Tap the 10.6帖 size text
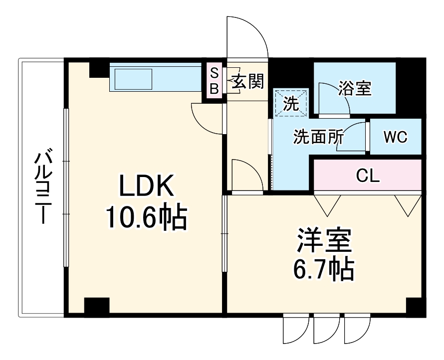coord(146,217)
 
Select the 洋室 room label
coord(324,241)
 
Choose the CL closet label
coord(368,175)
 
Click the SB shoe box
coord(214,81)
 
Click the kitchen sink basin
coord(133,79)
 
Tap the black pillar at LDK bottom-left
coord(97,306)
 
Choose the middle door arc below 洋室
coord(325,329)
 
